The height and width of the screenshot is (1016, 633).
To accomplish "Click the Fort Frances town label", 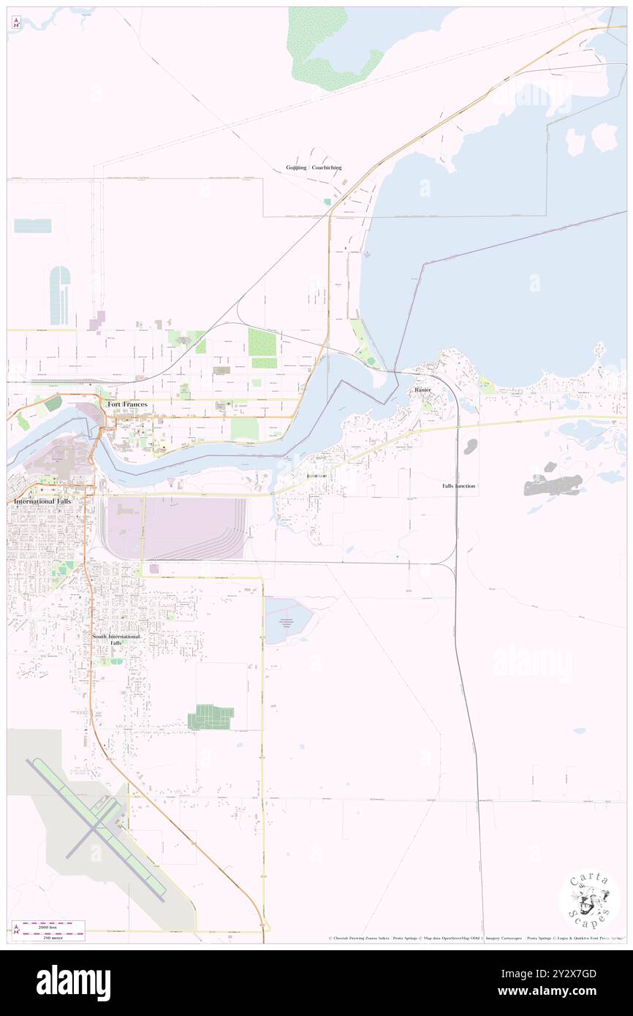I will [x=127, y=404].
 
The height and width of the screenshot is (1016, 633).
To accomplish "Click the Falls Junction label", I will [x=458, y=486].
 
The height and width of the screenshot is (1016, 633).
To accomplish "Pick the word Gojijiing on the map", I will [x=296, y=167].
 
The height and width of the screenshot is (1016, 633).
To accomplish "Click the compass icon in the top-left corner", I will [x=16, y=23].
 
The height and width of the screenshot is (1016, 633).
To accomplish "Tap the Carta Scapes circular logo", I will [x=589, y=901].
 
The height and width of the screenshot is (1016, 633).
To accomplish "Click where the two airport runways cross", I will [x=96, y=829].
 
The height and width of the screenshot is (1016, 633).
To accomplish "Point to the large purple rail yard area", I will [x=190, y=528].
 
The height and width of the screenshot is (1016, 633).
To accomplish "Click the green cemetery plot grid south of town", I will [x=211, y=717].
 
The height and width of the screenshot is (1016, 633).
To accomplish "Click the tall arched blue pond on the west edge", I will [x=59, y=295].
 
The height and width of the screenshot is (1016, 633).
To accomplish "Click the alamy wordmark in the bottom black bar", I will [x=73, y=983].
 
